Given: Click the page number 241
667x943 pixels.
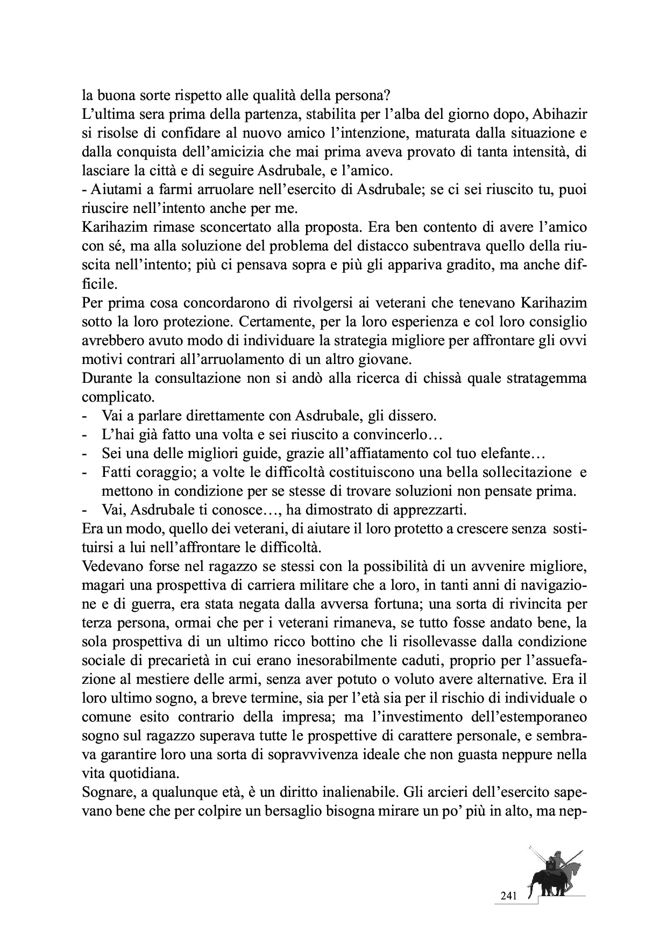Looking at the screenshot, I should click(508, 896).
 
